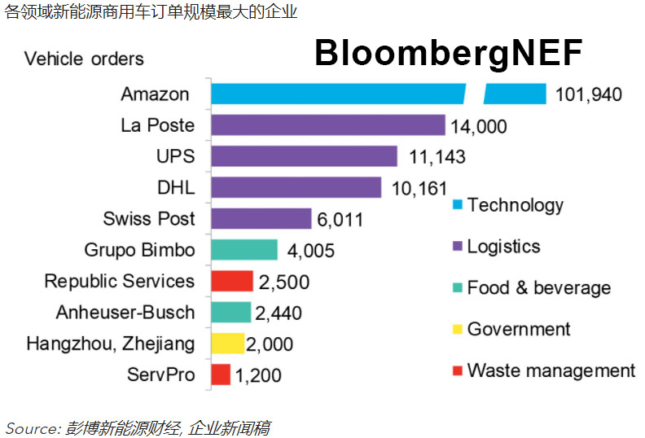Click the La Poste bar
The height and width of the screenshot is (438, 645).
coord(327,125)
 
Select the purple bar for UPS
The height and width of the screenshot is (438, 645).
coord(304,156)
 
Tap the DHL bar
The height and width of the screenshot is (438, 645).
coord(296,187)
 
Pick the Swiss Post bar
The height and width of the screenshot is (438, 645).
coord(261,218)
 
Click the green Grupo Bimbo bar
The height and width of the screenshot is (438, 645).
coord(244,249)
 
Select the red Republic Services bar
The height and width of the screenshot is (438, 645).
coord(231,281)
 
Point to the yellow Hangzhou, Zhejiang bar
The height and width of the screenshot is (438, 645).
coord(227,344)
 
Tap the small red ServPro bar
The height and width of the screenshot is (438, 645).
coord(220,374)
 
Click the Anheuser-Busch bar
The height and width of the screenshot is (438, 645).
coord(230,312)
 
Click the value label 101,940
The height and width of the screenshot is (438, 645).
coord(588,94)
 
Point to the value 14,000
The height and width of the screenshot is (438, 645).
coord(478,126)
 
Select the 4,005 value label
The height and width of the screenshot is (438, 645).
coord(311,251)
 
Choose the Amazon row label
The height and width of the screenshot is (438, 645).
coord(155,94)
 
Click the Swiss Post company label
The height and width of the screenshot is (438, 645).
coord(149,218)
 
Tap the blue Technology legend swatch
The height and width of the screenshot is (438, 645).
coord(457,204)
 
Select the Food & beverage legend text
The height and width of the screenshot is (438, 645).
coord(538,287)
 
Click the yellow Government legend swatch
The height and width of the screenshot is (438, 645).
coord(457,330)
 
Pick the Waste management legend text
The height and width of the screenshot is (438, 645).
coord(551,370)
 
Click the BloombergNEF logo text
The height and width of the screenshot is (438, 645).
coord(448,54)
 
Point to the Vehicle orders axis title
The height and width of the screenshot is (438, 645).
coord(84,59)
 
